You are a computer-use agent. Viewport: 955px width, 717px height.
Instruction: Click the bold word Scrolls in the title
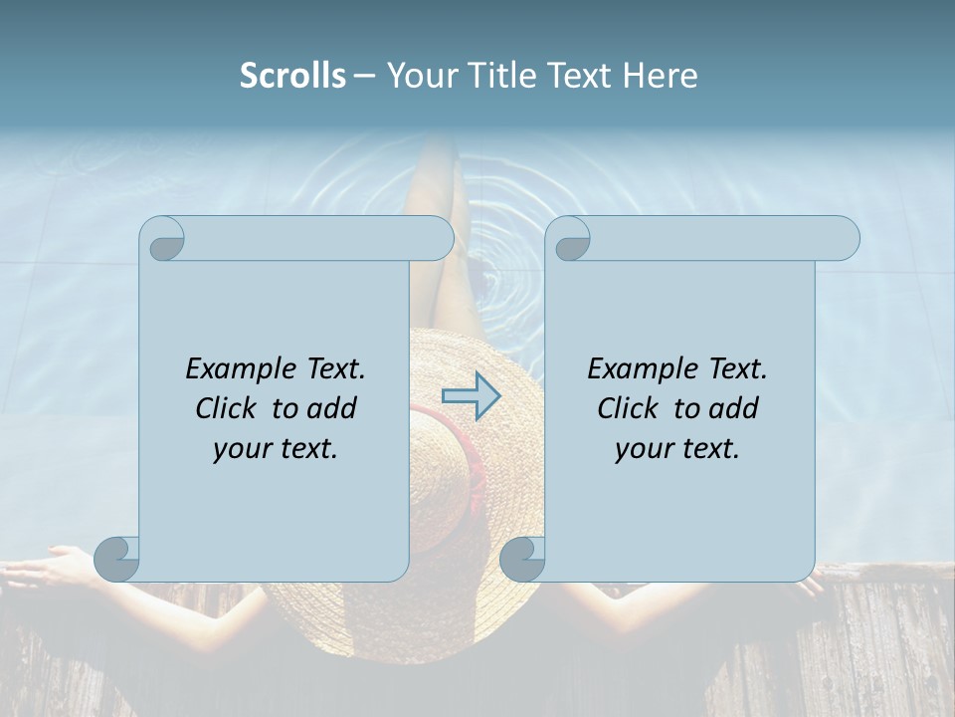[292, 76]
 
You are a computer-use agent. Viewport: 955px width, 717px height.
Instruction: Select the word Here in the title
[661, 76]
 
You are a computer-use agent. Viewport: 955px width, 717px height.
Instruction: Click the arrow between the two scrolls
[471, 395]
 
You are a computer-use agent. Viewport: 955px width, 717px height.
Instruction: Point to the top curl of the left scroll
[163, 240]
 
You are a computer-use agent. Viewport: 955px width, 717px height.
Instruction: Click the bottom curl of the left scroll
[117, 559]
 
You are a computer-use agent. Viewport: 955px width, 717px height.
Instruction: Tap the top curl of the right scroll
[571, 240]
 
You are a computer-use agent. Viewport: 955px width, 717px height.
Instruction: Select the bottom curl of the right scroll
[522, 559]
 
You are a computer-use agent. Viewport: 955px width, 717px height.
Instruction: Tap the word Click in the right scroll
[628, 409]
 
